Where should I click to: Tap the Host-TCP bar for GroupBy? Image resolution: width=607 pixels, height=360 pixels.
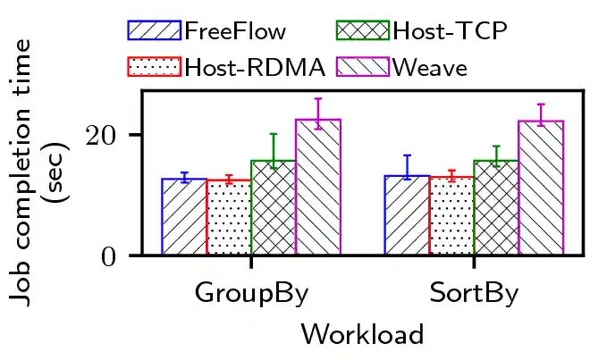click(x=274, y=208)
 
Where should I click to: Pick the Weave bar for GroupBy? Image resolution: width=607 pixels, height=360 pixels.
click(x=318, y=188)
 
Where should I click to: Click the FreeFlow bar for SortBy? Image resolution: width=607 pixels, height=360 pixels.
click(x=407, y=215)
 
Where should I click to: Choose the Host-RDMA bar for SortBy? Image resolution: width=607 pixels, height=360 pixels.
click(x=451, y=216)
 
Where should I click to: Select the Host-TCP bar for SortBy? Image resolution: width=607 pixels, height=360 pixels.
click(x=496, y=208)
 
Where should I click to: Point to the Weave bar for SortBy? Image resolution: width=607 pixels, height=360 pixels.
click(x=541, y=188)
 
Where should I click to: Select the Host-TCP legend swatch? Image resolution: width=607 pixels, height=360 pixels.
click(x=363, y=31)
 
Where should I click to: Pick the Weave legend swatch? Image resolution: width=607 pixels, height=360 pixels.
click(x=363, y=66)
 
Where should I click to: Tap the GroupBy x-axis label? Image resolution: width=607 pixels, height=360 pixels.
click(x=251, y=295)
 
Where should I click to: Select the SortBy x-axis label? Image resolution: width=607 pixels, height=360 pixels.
click(x=474, y=295)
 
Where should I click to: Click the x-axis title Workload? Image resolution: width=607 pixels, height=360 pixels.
click(x=362, y=334)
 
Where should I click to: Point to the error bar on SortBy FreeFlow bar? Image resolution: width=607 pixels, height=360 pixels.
click(x=407, y=166)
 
